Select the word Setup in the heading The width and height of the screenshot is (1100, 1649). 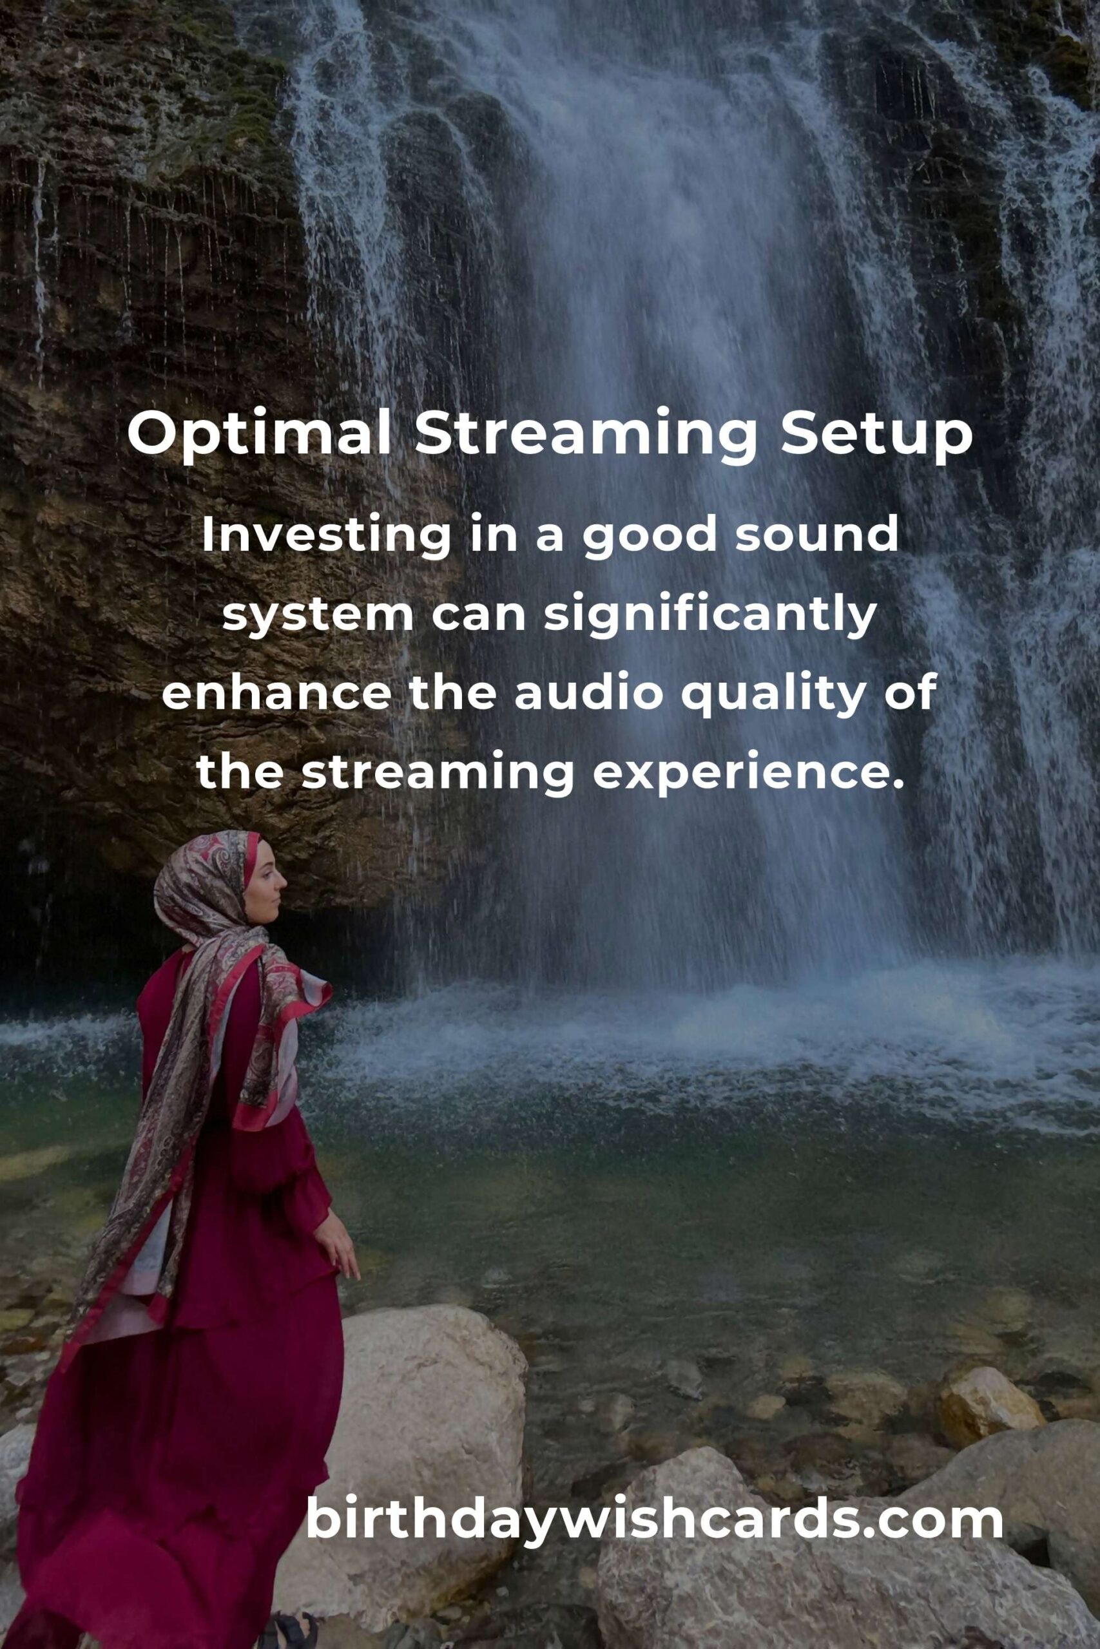(877, 436)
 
